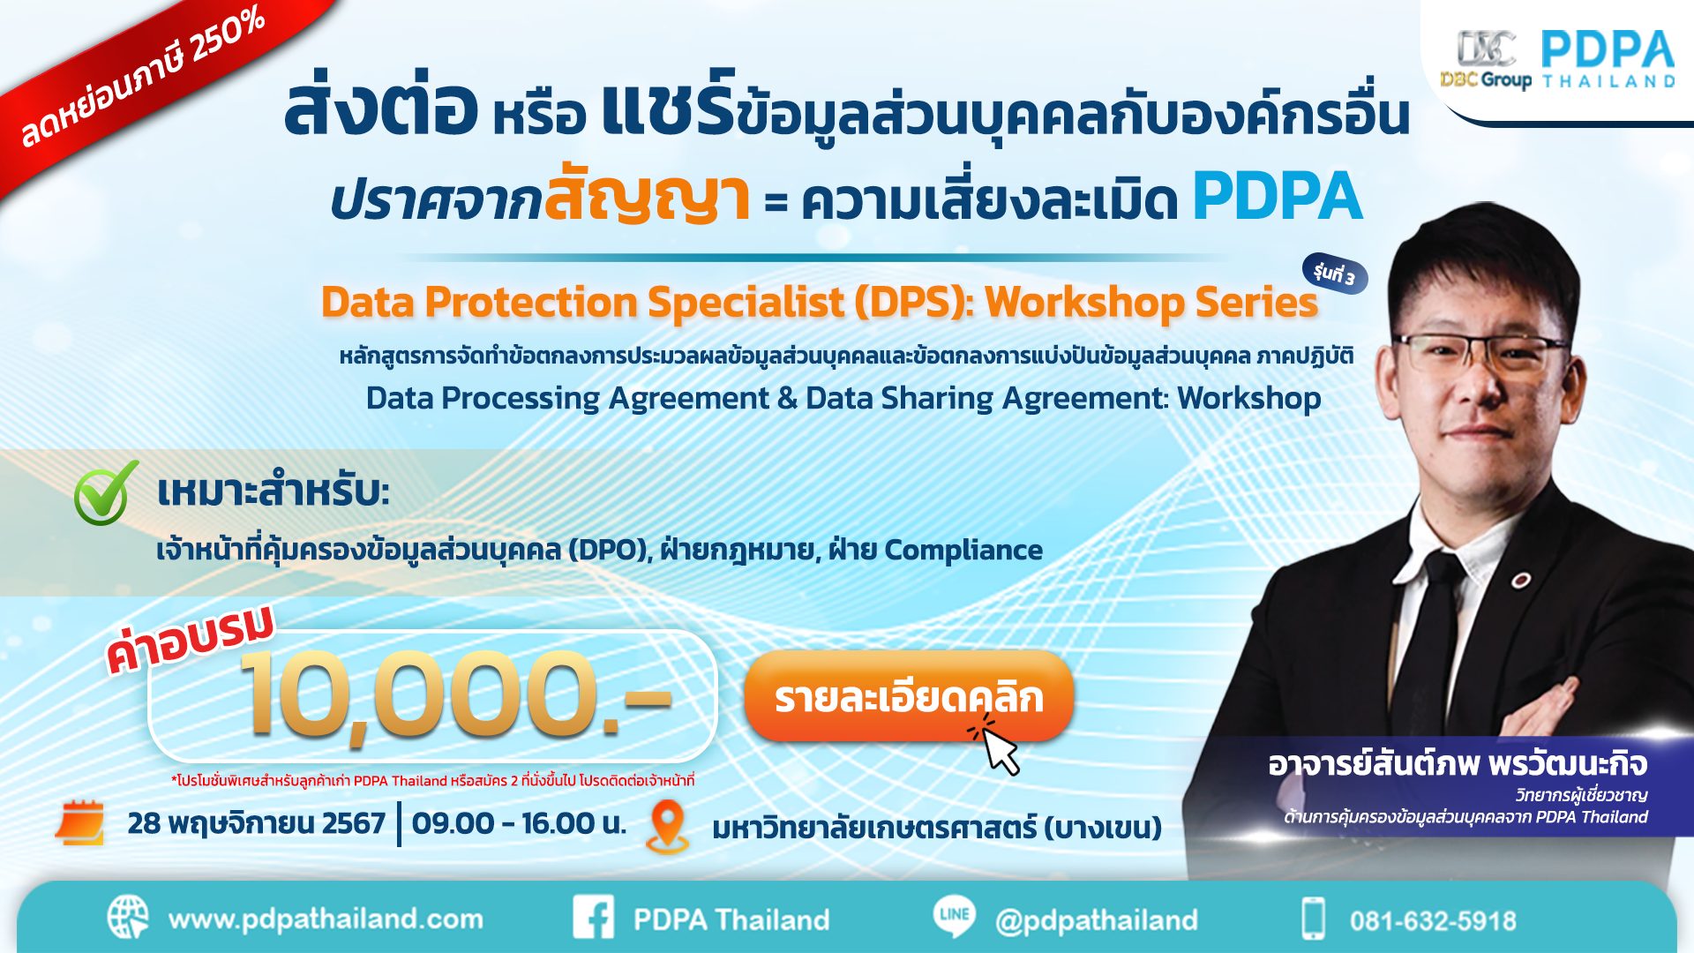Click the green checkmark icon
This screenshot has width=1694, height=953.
point(105,492)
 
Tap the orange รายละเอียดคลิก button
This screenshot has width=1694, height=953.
point(909,697)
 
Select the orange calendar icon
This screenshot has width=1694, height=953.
point(80,822)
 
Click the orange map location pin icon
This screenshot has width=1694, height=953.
point(668,826)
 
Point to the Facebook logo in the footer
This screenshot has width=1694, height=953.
point(593,918)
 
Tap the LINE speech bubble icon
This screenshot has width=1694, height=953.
point(955,915)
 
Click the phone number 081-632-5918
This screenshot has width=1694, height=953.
point(1432,921)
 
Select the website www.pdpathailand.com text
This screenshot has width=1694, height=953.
point(326,919)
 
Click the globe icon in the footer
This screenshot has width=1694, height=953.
point(128,918)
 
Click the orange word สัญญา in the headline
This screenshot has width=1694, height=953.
point(647,198)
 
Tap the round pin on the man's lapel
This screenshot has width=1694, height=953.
point(1520,580)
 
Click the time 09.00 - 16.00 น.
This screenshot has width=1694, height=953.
point(519,823)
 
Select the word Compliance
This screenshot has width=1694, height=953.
point(963,550)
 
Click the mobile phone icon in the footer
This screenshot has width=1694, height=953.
point(1314,919)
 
